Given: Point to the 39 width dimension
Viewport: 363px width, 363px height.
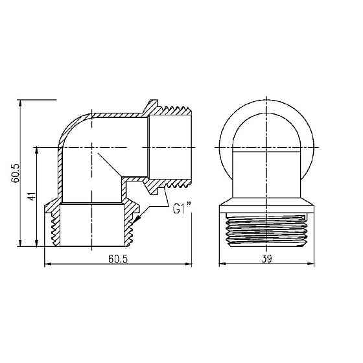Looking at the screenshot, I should (x=266, y=259).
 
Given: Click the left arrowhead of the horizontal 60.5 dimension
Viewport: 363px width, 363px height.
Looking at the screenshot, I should (x=46, y=264).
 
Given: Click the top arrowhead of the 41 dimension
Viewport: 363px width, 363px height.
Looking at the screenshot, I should (x=37, y=147).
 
